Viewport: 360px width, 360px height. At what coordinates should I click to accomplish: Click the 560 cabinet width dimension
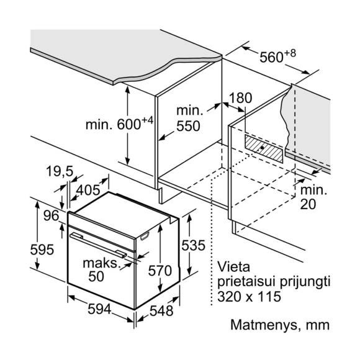pyautogui.click(x=277, y=56)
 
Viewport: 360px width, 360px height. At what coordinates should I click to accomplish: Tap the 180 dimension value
pyautogui.click(x=240, y=98)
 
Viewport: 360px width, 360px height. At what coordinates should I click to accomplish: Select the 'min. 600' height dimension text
pyautogui.click(x=119, y=124)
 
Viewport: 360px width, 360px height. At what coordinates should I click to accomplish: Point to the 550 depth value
pyautogui.click(x=188, y=126)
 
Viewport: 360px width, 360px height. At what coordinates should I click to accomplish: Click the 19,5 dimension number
pyautogui.click(x=60, y=171)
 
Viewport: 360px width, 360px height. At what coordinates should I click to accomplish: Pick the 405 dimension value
pyautogui.click(x=88, y=190)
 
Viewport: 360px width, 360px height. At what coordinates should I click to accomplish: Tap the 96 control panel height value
pyautogui.click(x=52, y=215)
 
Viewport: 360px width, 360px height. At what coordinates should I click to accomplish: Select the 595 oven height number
pyautogui.click(x=42, y=250)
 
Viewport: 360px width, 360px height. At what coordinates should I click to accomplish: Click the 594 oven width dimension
pyautogui.click(x=99, y=309)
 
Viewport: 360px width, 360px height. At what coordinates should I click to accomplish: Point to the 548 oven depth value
pyautogui.click(x=161, y=311)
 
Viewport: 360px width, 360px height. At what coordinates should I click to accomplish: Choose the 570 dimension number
pyautogui.click(x=160, y=271)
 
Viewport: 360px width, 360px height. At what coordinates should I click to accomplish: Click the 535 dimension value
pyautogui.click(x=193, y=245)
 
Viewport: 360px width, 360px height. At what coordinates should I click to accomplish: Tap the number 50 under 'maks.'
pyautogui.click(x=96, y=276)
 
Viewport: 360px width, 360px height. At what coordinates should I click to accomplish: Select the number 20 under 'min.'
pyautogui.click(x=308, y=204)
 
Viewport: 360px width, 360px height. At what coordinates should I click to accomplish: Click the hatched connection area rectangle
pyautogui.click(x=264, y=149)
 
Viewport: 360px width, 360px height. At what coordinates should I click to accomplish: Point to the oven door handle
pyautogui.click(x=99, y=245)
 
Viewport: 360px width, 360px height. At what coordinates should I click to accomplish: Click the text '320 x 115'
pyautogui.click(x=249, y=296)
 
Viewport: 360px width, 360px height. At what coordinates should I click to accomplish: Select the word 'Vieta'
pyautogui.click(x=234, y=267)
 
